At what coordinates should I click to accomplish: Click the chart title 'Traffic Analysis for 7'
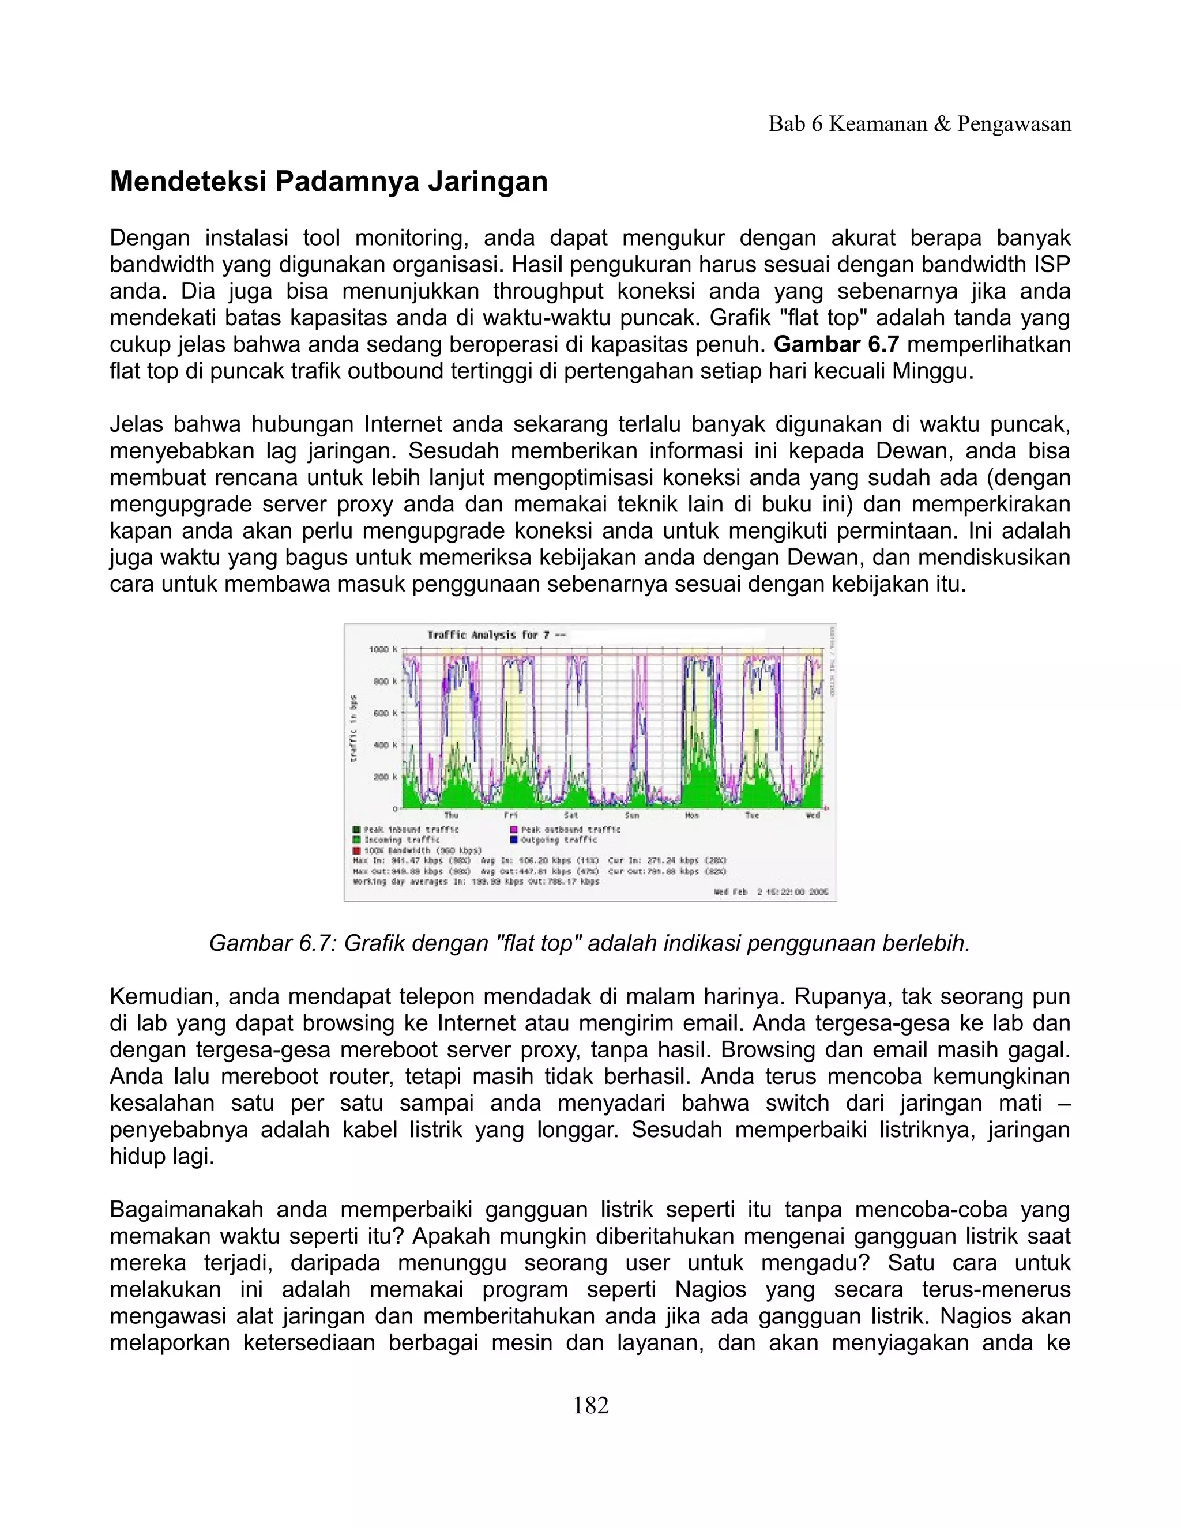488,635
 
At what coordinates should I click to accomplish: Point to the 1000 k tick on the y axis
383,649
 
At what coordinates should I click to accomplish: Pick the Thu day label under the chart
452,816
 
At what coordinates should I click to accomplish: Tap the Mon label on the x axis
691,816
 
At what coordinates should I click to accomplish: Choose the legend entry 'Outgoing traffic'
558,840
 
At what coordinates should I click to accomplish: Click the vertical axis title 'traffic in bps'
354,728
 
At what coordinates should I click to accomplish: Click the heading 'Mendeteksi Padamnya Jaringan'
328,182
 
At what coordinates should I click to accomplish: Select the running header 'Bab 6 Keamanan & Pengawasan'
919,125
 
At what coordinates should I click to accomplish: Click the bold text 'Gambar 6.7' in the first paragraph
836,345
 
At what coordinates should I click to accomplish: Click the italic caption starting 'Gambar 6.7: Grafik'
589,944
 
